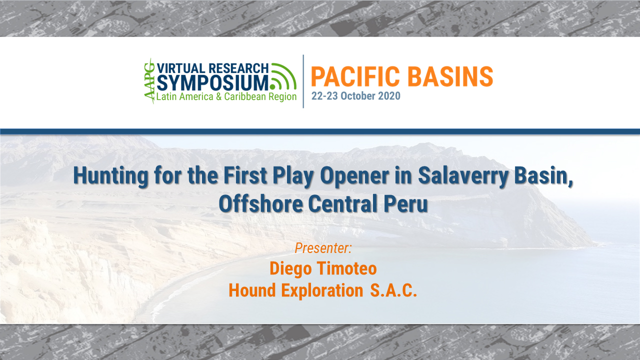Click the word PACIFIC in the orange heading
355,76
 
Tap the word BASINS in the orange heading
450,76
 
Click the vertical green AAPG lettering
149,81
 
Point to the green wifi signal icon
283,76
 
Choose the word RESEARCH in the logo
238,68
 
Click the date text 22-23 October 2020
355,96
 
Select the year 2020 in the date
389,96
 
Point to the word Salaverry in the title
463,175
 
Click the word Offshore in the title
261,203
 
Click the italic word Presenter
323,248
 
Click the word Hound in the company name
252,290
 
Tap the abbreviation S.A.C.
393,290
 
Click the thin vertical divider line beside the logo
303,81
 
